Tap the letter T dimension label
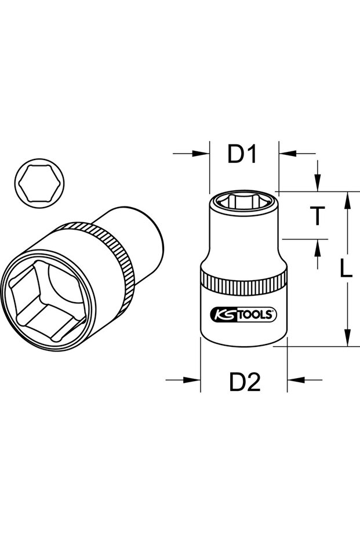[x=317, y=216]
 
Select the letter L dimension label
[x=346, y=268]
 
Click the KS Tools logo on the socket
[x=243, y=314]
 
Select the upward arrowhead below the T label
[x=317, y=248]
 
